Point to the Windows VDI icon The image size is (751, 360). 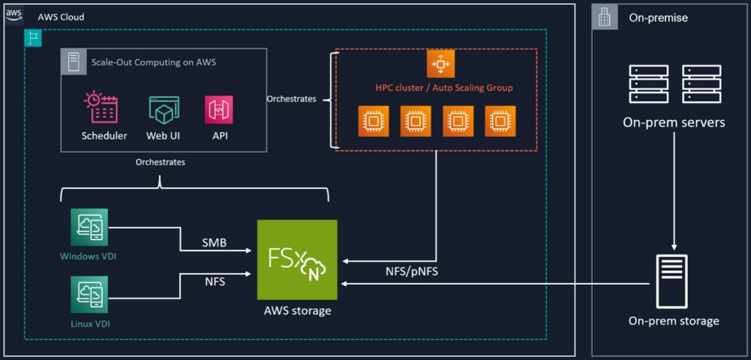point(89,225)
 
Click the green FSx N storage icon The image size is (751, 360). point(297,259)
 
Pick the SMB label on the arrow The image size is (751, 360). point(214,243)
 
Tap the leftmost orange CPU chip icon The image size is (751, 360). point(374,122)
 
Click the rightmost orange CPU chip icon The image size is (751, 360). point(500,122)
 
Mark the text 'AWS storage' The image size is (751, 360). point(297,311)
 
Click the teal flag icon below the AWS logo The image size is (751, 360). point(32,37)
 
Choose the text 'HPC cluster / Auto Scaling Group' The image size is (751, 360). point(444,88)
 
